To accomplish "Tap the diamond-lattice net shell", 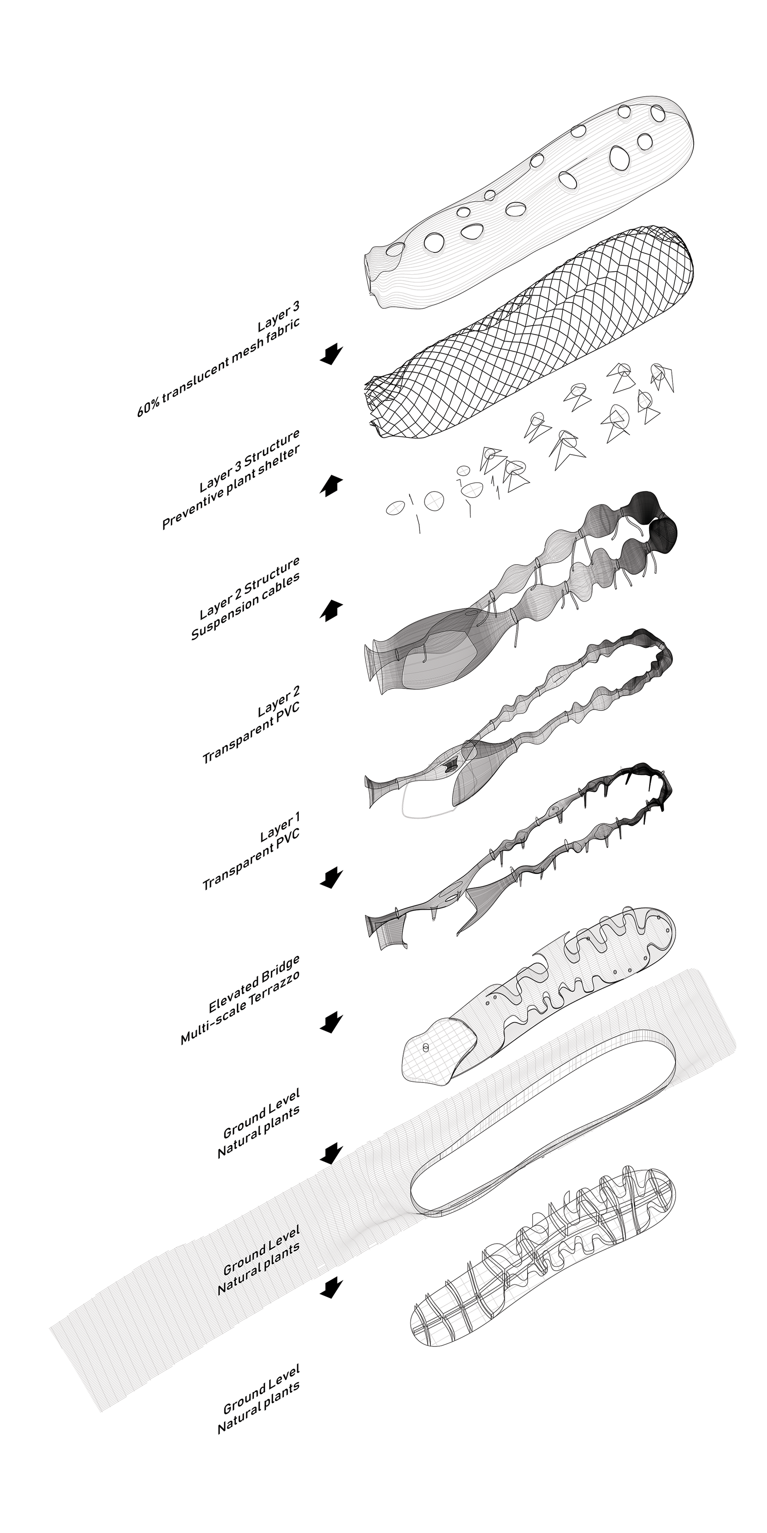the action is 530,333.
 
